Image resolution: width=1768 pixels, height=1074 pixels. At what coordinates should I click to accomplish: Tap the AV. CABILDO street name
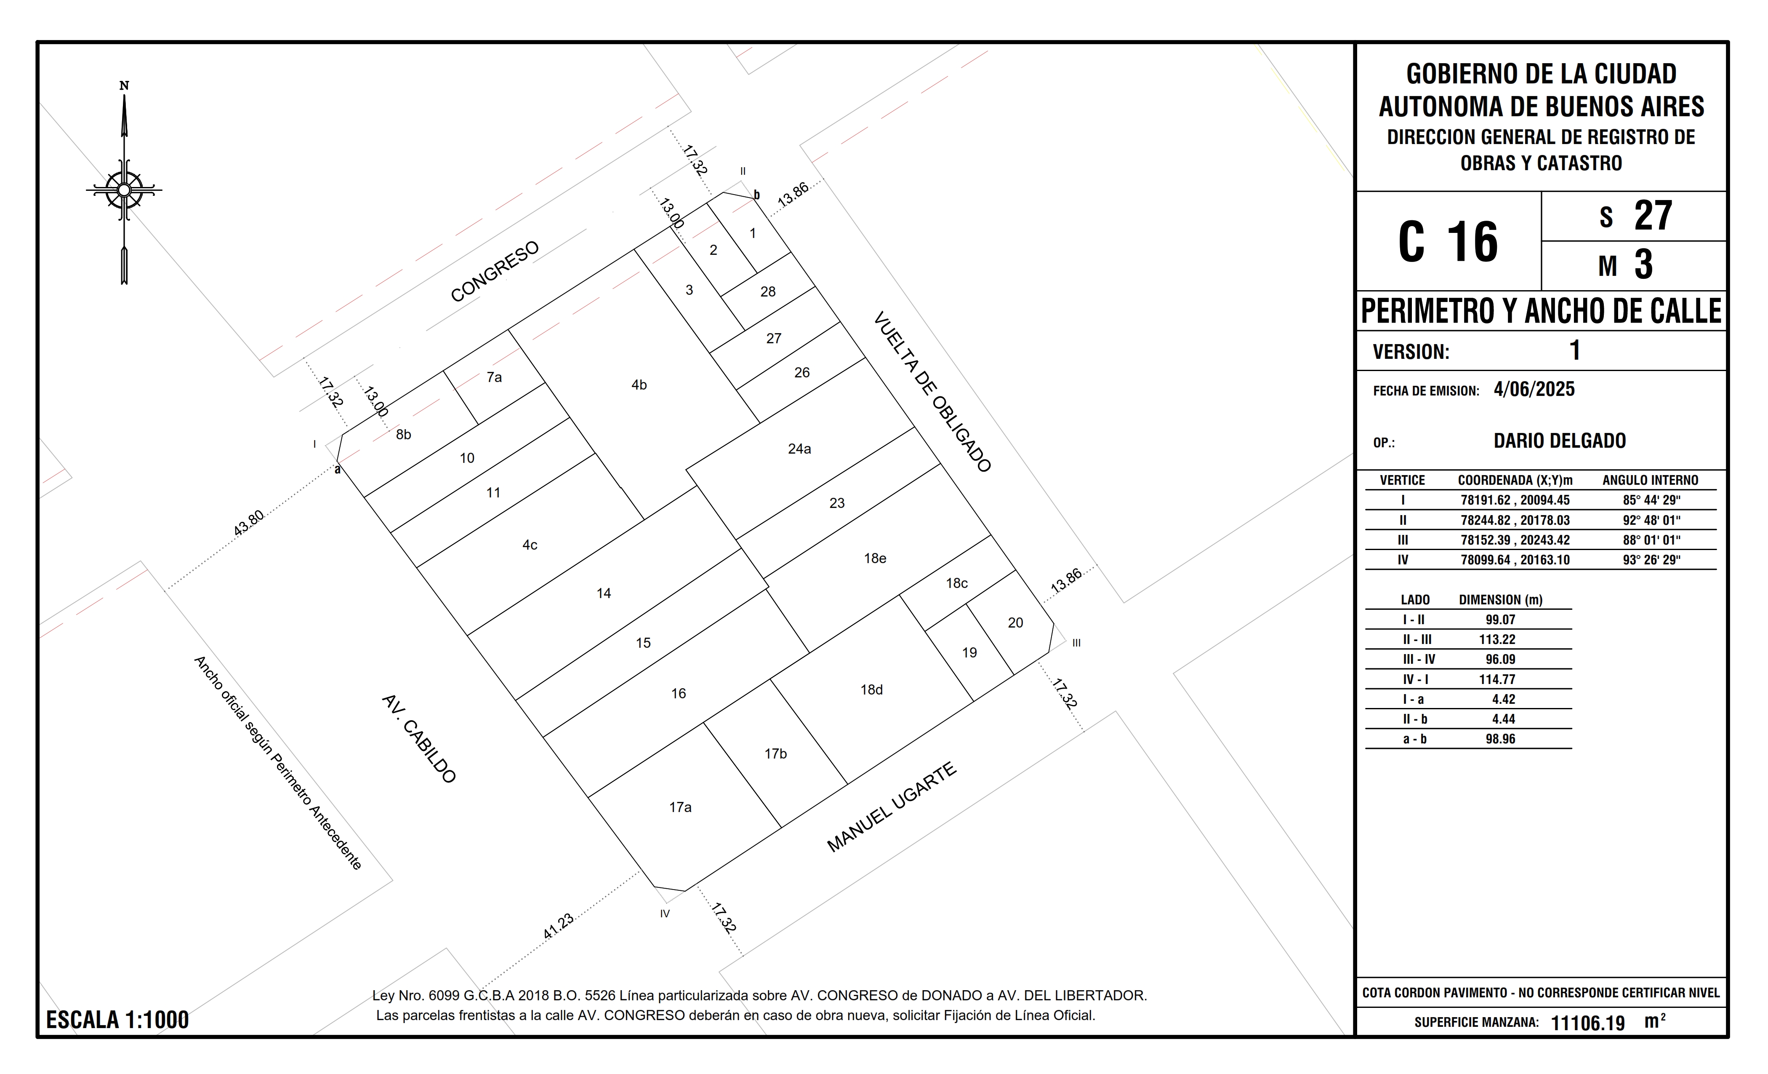[419, 739]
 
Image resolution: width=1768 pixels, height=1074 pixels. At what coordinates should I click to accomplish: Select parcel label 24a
[799, 449]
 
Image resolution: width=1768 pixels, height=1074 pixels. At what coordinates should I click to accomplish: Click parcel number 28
[768, 291]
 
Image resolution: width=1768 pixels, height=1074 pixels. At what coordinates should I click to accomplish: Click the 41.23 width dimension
[558, 926]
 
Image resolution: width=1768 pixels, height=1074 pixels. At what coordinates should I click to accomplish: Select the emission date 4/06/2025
[1534, 389]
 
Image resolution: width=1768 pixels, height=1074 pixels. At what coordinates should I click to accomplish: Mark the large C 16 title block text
[1448, 241]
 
